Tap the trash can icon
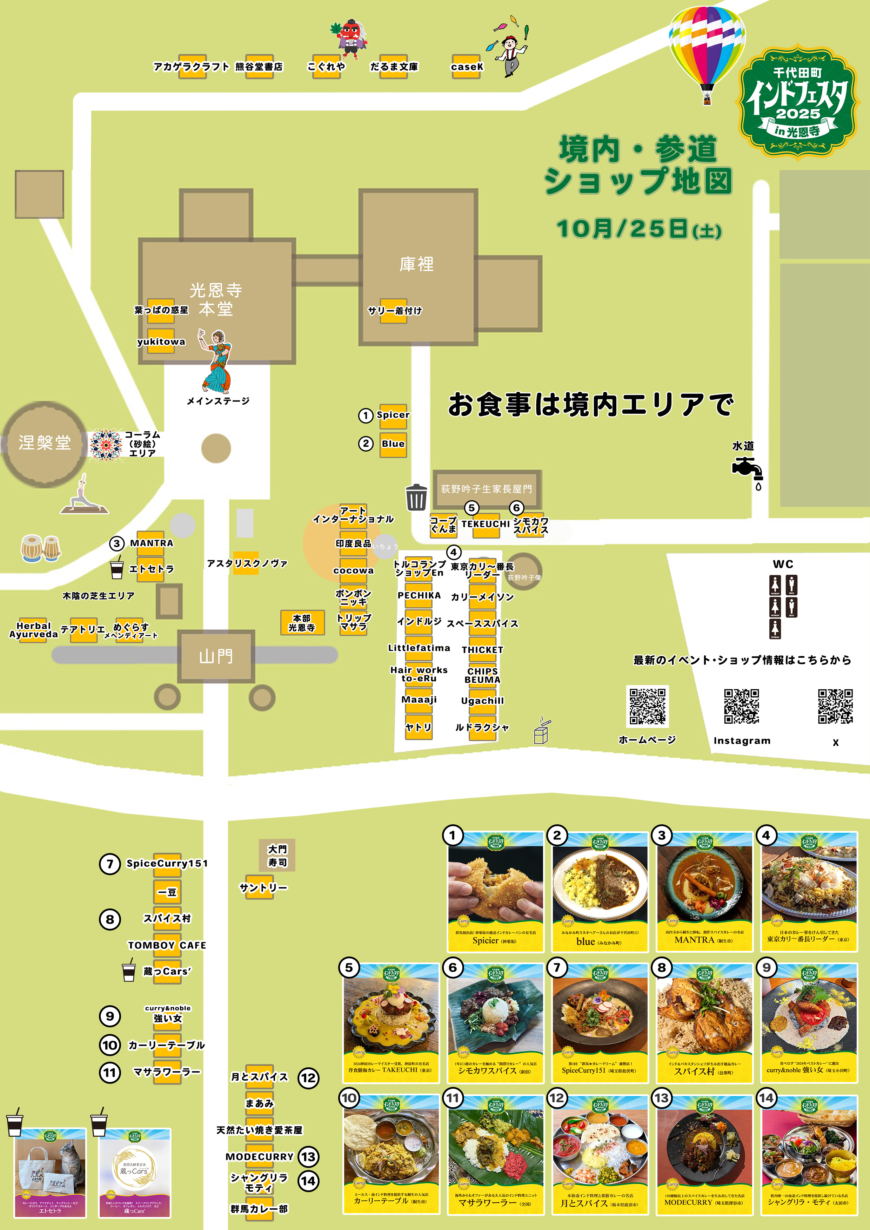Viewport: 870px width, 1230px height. pos(416,497)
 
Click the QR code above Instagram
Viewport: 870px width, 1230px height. pos(741,706)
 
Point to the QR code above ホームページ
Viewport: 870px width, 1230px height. pos(648,706)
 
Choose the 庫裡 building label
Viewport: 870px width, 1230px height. pos(416,264)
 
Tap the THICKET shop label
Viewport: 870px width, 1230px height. pos(482,650)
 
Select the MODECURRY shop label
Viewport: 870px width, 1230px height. pos(260,1157)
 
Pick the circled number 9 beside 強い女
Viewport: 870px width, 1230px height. pos(110,1016)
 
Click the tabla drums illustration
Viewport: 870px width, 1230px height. pos(41,548)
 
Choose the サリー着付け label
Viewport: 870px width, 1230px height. pos(395,311)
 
